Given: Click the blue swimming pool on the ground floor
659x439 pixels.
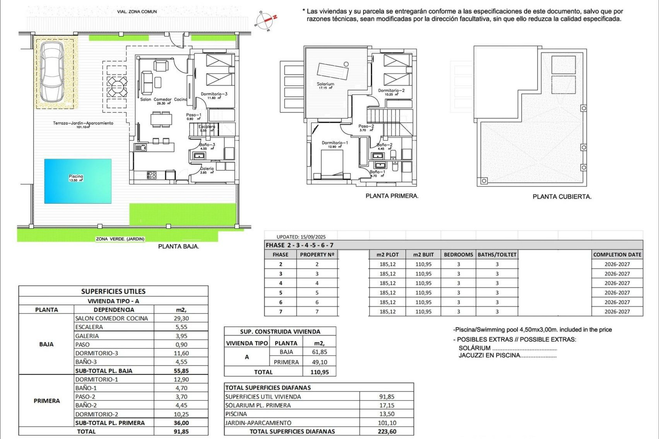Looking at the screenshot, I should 78,181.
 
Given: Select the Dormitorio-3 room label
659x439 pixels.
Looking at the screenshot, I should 214,94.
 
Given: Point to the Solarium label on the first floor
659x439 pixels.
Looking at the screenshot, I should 325,84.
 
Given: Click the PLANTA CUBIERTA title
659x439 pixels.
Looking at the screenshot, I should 562,197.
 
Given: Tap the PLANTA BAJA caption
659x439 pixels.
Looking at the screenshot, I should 178,246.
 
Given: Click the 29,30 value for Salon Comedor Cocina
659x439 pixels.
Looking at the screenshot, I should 181,318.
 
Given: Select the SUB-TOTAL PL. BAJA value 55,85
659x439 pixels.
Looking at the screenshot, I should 181,371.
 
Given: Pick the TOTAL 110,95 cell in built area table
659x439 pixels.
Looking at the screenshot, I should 319,372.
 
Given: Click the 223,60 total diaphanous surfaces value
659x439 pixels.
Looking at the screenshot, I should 387,431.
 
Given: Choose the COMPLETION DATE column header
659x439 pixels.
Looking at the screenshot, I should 617,254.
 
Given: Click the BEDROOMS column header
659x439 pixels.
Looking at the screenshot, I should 458,254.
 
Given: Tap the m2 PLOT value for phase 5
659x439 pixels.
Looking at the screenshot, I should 388,293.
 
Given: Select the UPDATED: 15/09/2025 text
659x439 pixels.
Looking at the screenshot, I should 301,237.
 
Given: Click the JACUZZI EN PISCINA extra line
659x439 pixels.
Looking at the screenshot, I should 507,355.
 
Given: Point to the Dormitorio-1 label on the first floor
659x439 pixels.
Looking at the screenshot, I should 335,143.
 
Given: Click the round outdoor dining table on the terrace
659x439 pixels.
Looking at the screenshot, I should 116,87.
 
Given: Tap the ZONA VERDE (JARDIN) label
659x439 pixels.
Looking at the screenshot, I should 120,239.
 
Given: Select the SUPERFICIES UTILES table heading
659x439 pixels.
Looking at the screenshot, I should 113,292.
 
